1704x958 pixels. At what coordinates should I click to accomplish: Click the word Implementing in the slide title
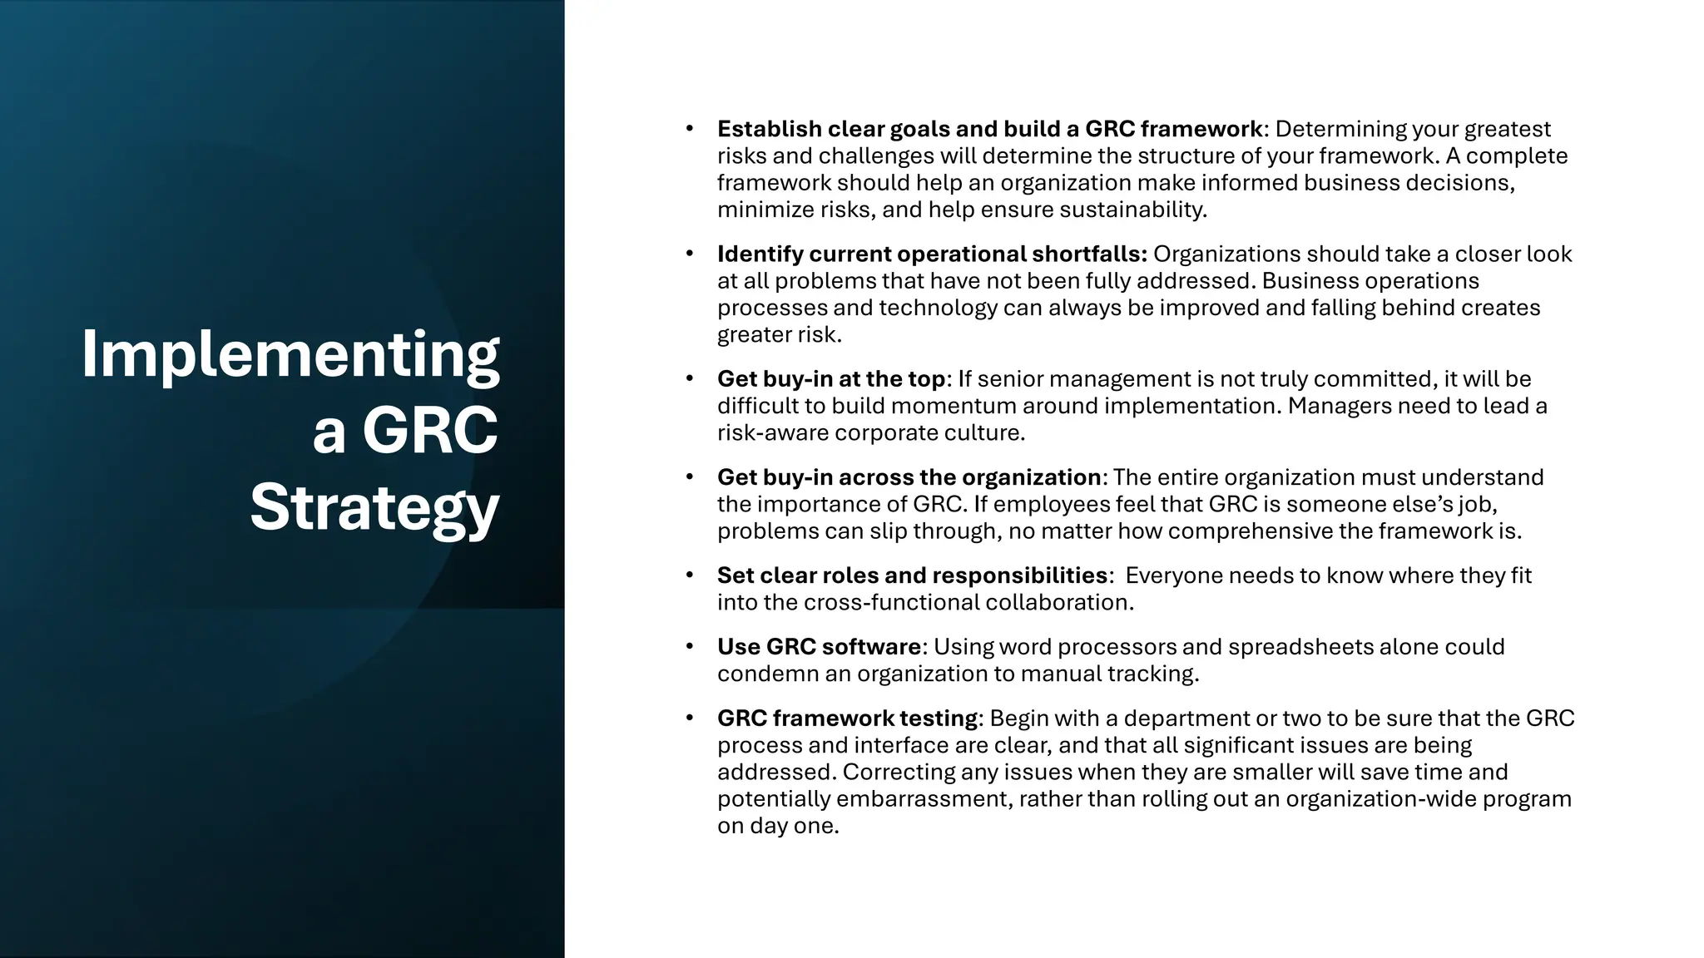pos(290,355)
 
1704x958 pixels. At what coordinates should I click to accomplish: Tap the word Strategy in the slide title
pos(374,507)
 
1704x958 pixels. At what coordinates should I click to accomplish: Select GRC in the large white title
pos(429,431)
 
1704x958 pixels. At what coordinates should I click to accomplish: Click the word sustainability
pos(1132,210)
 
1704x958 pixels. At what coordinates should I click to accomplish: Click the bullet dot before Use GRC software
pos(690,646)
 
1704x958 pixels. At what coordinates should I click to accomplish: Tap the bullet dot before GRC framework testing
pos(690,718)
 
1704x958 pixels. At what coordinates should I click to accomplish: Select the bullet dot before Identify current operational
pos(690,254)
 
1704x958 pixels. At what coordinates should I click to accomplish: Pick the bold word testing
pos(939,718)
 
